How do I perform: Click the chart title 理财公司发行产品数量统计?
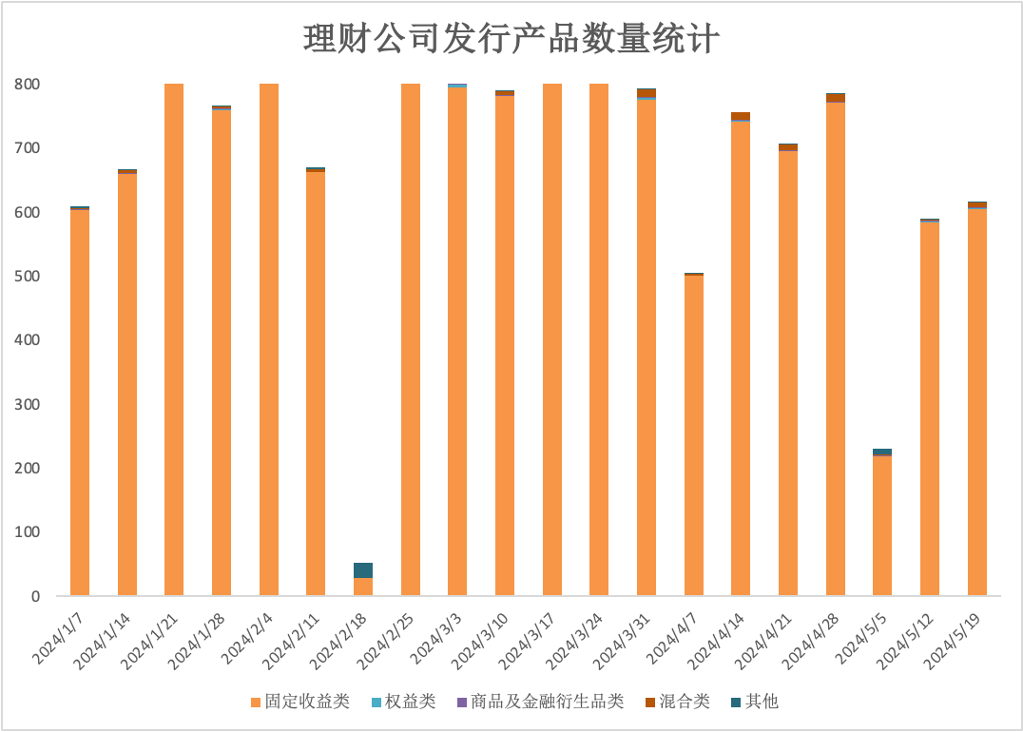click(x=511, y=38)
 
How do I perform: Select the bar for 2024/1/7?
click(x=80, y=401)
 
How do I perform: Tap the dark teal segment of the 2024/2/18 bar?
click(x=363, y=570)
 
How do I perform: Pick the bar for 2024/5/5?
click(x=882, y=522)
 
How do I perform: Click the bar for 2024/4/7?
click(x=694, y=434)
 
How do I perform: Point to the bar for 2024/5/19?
click(x=977, y=398)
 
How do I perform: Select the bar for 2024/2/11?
click(x=316, y=381)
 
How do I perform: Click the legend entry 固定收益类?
click(x=300, y=702)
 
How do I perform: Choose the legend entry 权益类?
click(x=404, y=702)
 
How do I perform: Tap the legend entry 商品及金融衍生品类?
click(x=541, y=702)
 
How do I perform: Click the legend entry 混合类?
click(x=678, y=702)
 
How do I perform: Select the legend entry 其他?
click(x=755, y=702)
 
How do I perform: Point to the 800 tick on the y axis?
click(x=28, y=85)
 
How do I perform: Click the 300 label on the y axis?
click(x=28, y=404)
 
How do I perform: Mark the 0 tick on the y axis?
click(x=35, y=596)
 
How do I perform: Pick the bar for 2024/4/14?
click(x=741, y=355)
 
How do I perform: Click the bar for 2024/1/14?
click(x=127, y=382)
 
